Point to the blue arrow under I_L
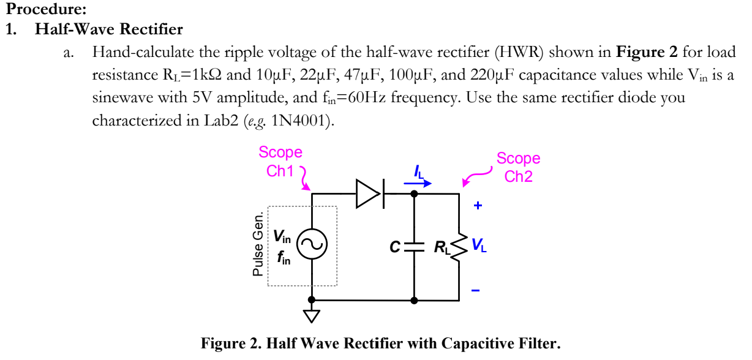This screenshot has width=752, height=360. pos(420,182)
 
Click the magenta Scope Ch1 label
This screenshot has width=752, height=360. pos(280,161)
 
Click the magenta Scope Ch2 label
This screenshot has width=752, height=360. pos(518,167)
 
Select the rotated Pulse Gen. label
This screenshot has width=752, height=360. pos(258,245)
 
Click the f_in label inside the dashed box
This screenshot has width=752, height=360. pos(283,259)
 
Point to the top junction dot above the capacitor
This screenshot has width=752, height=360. pos(414,193)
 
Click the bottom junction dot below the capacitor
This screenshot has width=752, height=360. pos(414,301)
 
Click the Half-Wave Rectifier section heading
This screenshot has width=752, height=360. pos(109,29)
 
